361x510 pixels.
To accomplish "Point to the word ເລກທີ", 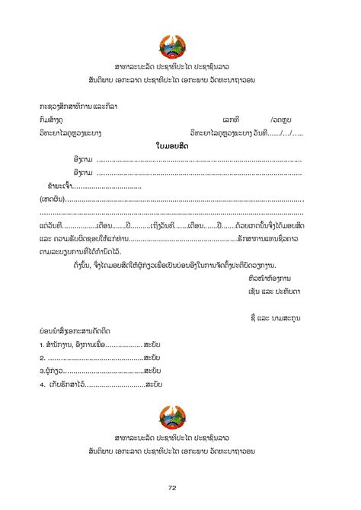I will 232,120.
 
